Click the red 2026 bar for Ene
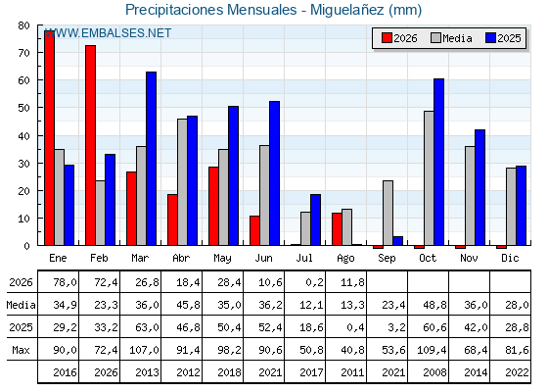(49, 138)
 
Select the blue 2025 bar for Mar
(151, 159)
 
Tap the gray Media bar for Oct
(429, 178)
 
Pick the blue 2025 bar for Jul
(315, 220)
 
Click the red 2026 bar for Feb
(90, 145)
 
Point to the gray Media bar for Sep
(388, 214)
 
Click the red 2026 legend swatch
(387, 38)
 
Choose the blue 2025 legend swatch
(490, 38)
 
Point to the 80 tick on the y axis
(23, 25)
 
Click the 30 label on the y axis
(23, 164)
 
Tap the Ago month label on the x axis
(345, 259)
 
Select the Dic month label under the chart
(510, 258)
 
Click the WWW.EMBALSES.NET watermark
(108, 33)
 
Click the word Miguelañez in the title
(347, 10)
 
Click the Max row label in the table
(21, 350)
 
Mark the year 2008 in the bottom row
(434, 372)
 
